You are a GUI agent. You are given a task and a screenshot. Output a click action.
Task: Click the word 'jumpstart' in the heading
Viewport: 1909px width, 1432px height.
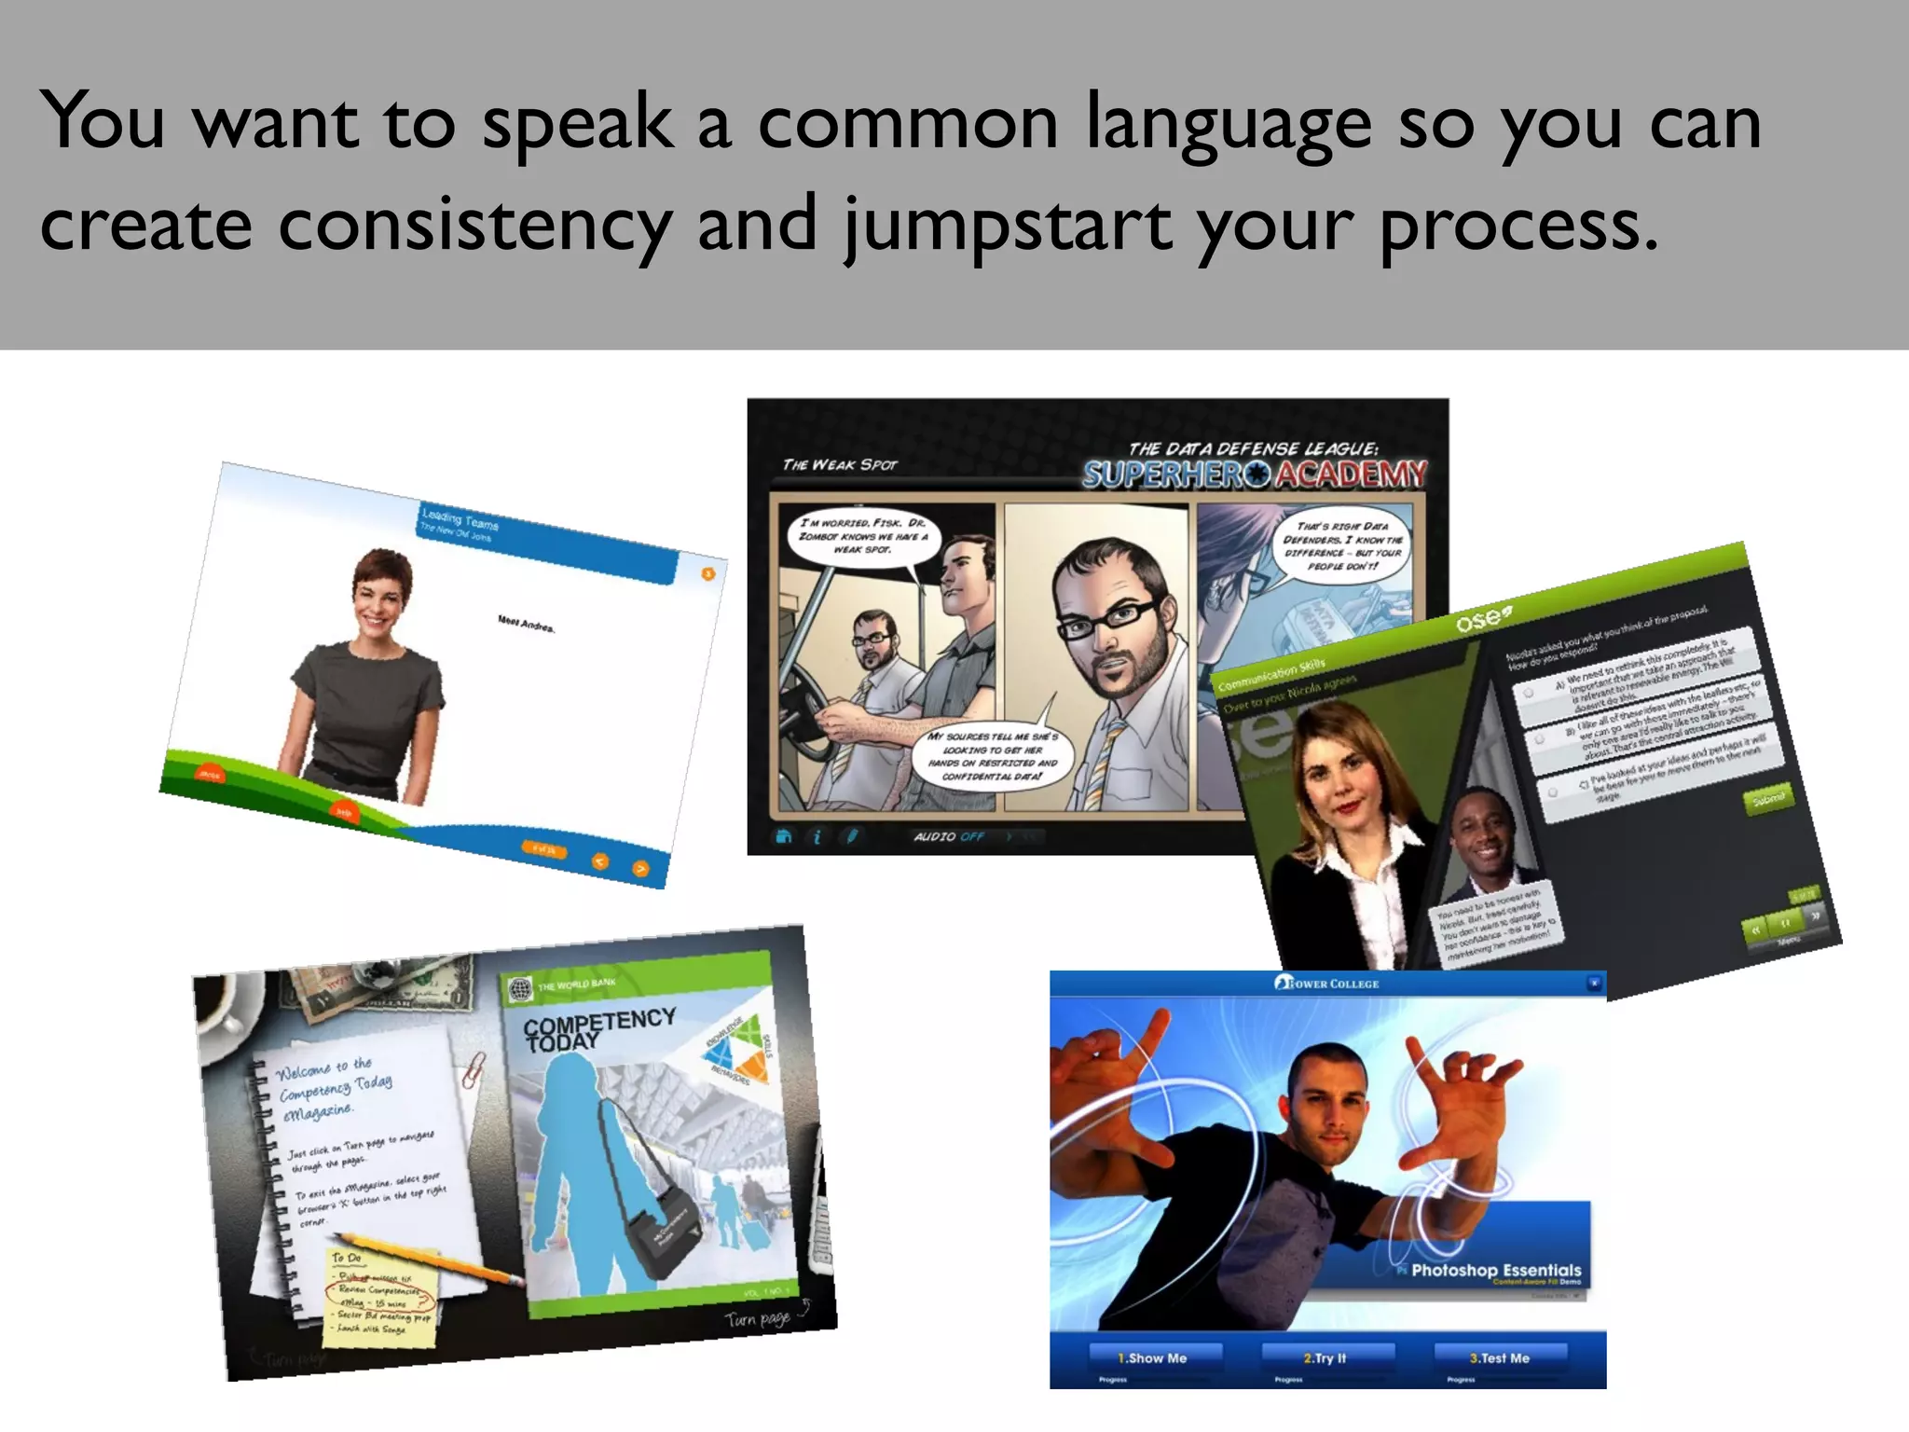tap(1008, 226)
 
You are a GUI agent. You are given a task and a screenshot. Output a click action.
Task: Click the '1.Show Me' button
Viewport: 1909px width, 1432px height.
tap(1152, 1358)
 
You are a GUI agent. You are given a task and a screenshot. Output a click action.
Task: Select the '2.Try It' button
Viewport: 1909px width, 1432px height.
tap(1325, 1358)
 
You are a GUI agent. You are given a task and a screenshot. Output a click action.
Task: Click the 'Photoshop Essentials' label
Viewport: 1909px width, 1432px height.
tap(1496, 1270)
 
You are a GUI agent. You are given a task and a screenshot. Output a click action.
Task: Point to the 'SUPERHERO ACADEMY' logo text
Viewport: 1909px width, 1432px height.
tap(1255, 474)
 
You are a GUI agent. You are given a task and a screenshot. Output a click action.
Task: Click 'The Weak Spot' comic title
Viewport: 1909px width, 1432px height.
tap(839, 464)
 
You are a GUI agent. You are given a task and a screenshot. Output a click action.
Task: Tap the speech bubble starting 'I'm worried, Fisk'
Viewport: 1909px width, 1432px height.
tap(862, 537)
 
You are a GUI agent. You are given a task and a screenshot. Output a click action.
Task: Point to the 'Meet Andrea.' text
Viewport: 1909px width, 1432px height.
tap(526, 624)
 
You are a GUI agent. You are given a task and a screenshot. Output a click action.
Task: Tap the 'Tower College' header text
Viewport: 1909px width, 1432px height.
tap(1327, 984)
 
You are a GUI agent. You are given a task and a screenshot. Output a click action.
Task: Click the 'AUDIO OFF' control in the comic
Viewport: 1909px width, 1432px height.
tap(948, 836)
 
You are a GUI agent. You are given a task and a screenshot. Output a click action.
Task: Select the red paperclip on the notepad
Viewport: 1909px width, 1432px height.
tap(474, 1069)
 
